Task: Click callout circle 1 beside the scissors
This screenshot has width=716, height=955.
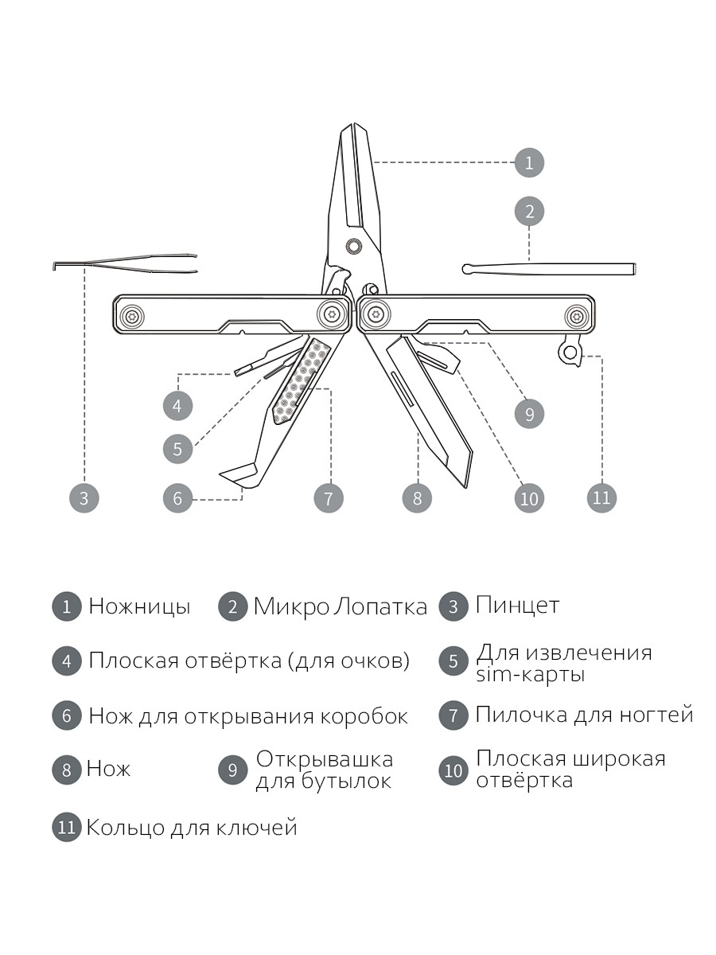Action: click(529, 163)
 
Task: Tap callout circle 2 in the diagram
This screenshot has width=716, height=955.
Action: click(529, 212)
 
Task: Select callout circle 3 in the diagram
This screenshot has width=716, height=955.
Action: click(84, 499)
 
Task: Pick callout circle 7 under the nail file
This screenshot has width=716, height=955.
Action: click(328, 499)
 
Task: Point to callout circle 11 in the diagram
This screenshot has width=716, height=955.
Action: click(601, 498)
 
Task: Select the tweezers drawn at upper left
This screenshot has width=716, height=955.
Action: click(127, 263)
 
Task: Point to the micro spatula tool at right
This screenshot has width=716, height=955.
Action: click(549, 269)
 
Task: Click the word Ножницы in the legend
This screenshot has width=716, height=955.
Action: click(139, 607)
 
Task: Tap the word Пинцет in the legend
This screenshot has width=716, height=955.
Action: click(517, 606)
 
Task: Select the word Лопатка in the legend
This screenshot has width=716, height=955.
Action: click(380, 607)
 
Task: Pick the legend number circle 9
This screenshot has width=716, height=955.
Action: click(232, 770)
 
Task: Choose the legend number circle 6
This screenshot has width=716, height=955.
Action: click(67, 715)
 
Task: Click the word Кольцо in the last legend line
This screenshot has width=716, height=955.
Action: click(125, 828)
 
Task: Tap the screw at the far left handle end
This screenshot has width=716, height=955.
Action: click(133, 316)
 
